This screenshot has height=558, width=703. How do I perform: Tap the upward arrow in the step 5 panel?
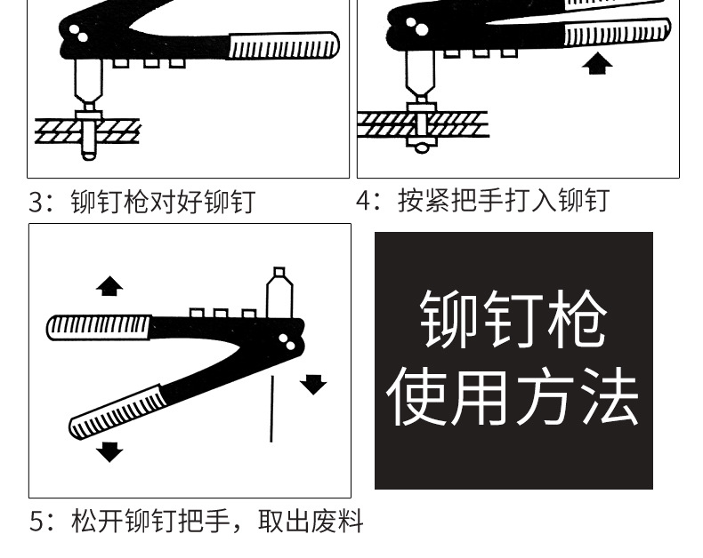[x=109, y=286]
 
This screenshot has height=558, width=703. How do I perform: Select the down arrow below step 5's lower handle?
[x=109, y=451]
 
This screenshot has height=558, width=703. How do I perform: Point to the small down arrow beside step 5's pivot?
[x=312, y=384]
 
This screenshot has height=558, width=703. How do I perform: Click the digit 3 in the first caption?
[x=36, y=202]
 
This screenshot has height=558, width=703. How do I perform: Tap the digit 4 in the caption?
[x=364, y=200]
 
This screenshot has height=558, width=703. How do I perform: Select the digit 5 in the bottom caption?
[x=36, y=521]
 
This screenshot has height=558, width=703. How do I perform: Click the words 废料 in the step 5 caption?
[x=337, y=521]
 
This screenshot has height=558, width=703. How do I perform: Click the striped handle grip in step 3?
[x=283, y=46]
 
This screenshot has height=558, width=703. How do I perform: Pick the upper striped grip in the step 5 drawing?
[x=98, y=327]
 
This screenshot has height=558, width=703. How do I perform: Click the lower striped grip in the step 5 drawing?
[x=117, y=412]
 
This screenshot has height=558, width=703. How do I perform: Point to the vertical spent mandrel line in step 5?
[x=271, y=408]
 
